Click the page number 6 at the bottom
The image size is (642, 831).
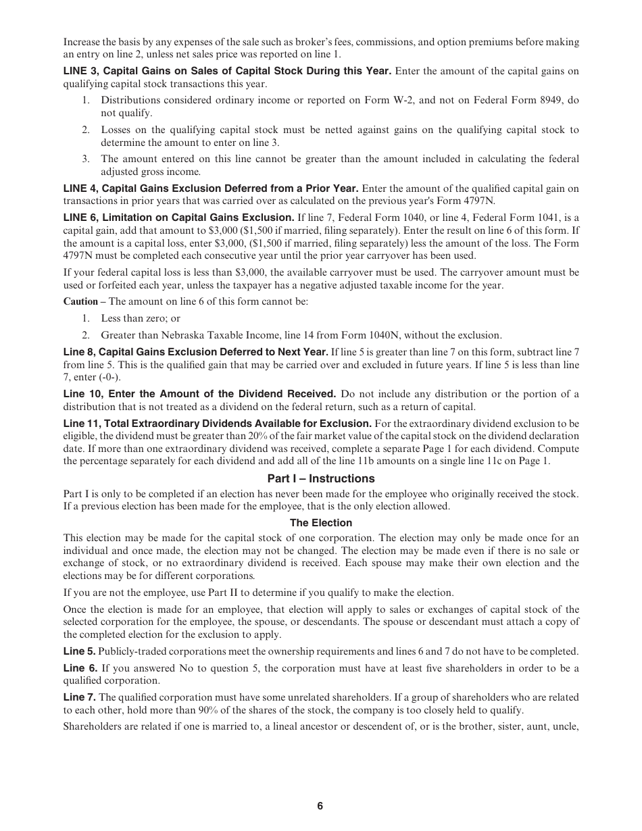[320, 806]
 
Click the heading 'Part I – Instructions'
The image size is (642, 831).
[321, 478]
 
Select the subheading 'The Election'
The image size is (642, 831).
[321, 523]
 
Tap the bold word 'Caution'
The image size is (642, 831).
[80, 301]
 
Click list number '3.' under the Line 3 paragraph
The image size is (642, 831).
[86, 159]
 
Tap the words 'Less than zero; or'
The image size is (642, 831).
[141, 318]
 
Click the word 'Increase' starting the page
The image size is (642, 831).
[81, 42]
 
